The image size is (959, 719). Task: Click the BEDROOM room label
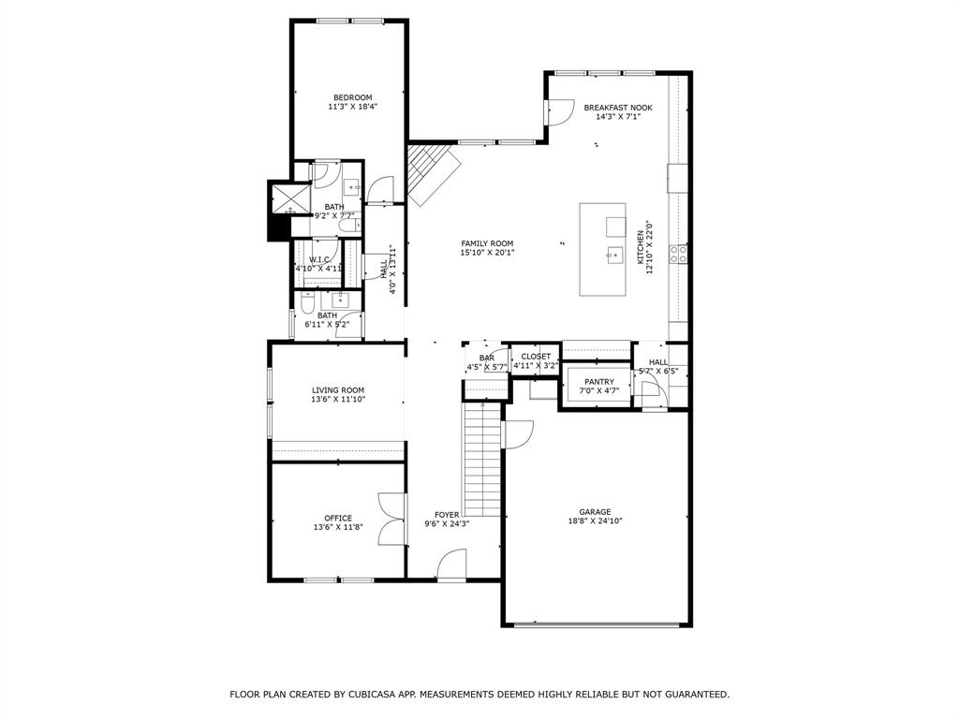[353, 97]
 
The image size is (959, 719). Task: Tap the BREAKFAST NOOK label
[618, 108]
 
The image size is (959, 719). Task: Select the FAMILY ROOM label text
[487, 243]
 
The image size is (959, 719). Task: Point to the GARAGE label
[595, 512]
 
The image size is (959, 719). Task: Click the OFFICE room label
[338, 518]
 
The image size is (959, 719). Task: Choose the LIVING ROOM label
[338, 389]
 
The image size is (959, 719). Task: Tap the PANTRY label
[599, 382]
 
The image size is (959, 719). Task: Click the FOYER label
[447, 515]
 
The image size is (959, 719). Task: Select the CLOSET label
[536, 357]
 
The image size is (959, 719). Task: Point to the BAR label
[487, 358]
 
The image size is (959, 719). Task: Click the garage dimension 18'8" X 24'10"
[595, 521]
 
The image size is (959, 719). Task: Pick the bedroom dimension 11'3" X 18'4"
[353, 107]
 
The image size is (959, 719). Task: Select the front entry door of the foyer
[451, 565]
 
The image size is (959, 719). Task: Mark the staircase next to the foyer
[483, 459]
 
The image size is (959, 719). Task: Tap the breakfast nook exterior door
[559, 112]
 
